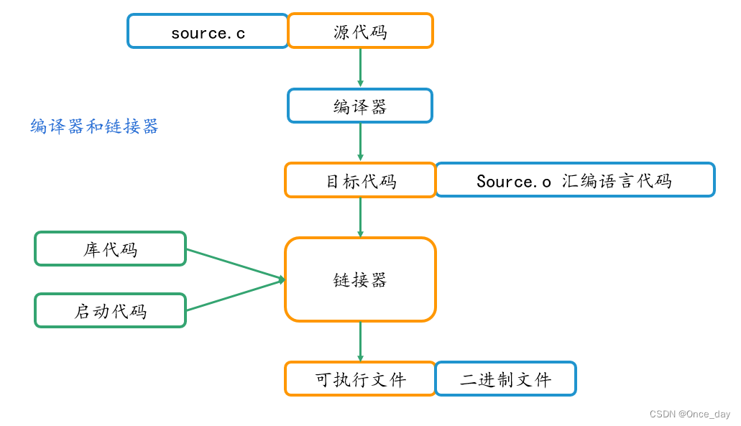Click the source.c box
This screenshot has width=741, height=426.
(208, 32)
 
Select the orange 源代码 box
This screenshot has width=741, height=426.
(360, 32)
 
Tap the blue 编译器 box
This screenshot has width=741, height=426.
(360, 106)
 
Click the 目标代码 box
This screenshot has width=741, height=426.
(360, 180)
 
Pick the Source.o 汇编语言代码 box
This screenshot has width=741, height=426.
(575, 180)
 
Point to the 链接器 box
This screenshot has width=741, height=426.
(360, 279)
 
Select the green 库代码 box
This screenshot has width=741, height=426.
(110, 249)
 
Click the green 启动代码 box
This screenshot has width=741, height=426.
(110, 311)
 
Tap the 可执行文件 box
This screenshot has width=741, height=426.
(360, 379)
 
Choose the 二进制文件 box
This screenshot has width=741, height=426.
(505, 379)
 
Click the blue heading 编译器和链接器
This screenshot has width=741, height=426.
(94, 127)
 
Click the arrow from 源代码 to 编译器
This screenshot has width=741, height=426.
(360, 68)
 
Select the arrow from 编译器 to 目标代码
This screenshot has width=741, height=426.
(360, 142)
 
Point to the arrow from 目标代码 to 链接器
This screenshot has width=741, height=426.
(360, 217)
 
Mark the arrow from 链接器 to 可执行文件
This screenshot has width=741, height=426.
(360, 341)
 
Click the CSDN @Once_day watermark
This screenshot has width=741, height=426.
(689, 415)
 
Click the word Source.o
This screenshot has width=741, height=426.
(513, 181)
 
